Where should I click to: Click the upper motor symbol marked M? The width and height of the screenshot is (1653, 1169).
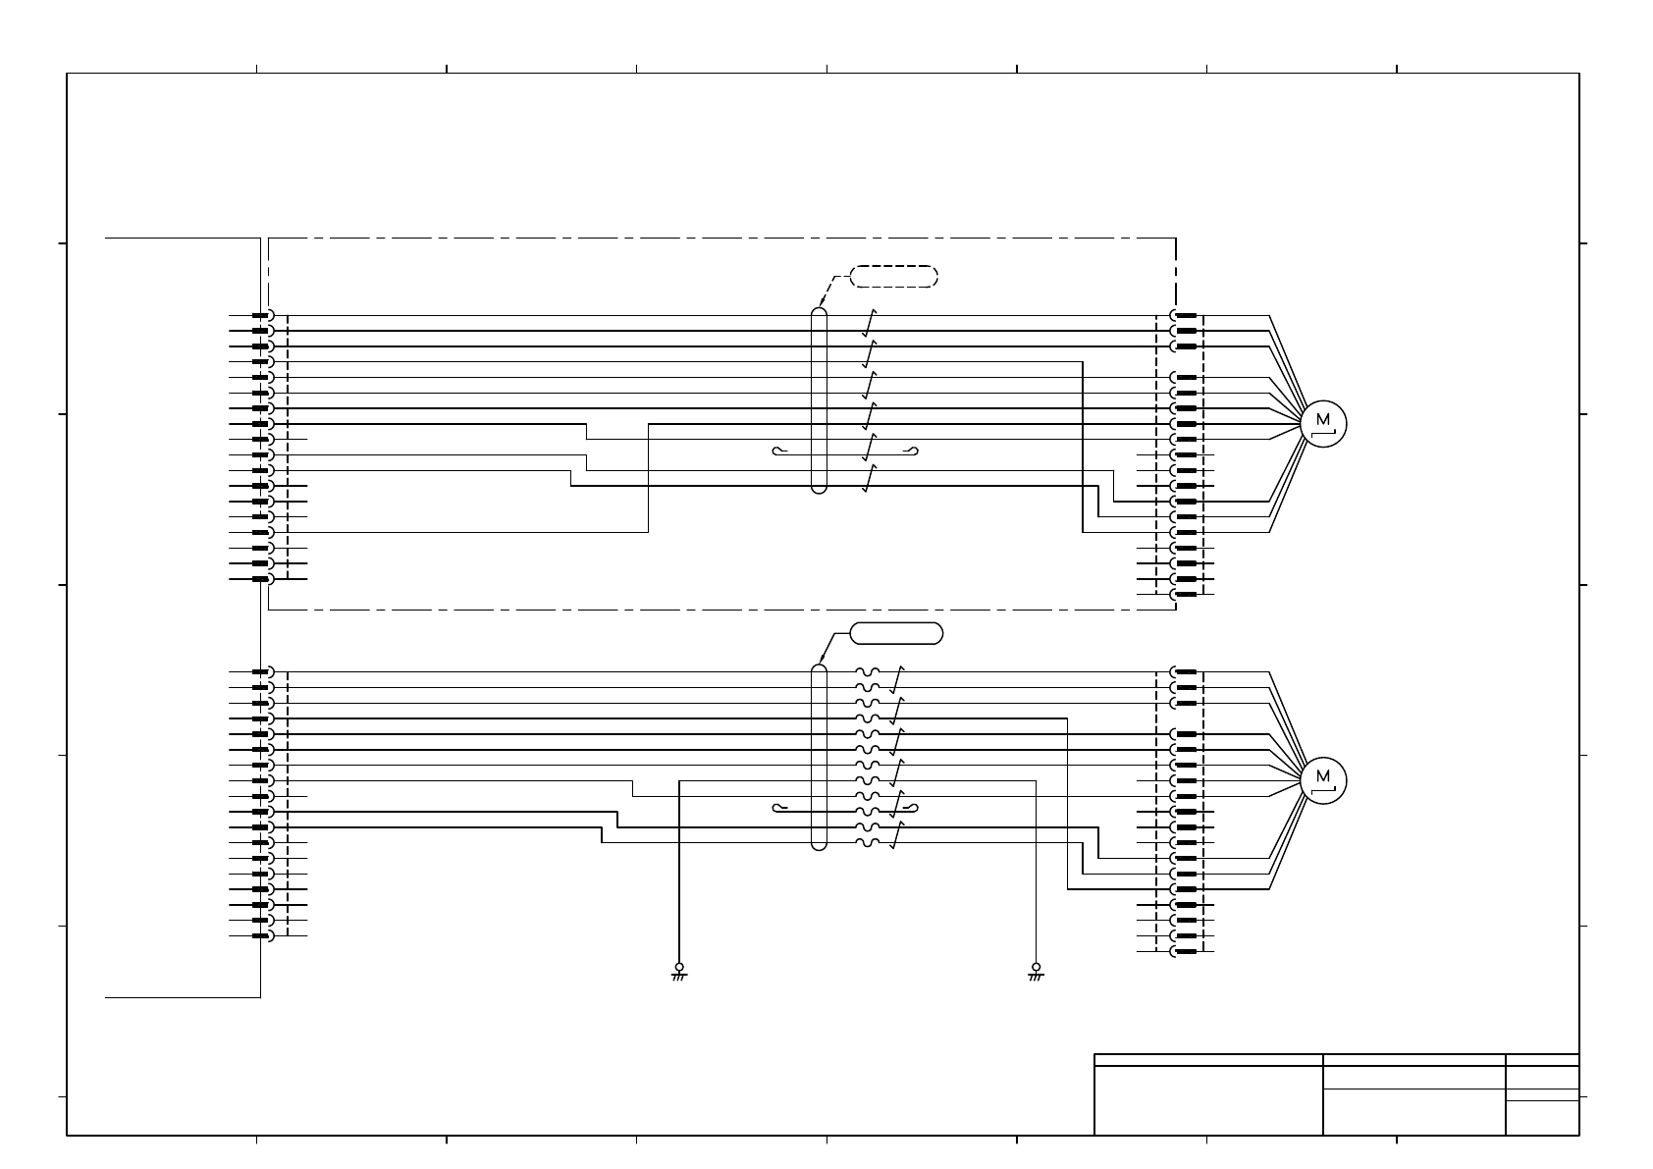[1323, 423]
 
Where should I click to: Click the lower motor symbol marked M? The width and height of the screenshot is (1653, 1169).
[1323, 779]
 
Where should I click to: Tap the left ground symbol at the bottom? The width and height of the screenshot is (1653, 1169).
[678, 971]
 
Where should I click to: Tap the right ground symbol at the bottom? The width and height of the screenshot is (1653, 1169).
[1036, 971]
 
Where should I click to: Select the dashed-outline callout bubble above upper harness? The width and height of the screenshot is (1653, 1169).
[893, 277]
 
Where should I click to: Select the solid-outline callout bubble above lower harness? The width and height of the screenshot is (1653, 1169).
[896, 633]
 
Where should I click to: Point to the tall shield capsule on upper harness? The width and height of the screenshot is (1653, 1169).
[819, 400]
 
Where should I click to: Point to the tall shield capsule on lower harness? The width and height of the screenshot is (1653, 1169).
[819, 757]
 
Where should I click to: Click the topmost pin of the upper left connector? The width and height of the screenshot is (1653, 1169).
[262, 316]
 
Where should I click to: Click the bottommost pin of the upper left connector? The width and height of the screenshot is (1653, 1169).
[262, 579]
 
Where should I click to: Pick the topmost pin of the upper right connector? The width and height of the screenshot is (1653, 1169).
[1185, 316]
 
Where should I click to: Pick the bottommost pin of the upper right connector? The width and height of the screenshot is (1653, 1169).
[1185, 595]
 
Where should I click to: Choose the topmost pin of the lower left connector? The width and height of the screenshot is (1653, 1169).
[262, 672]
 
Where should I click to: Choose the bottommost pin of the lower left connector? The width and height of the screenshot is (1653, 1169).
[262, 935]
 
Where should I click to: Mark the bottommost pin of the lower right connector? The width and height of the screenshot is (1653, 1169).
[1185, 951]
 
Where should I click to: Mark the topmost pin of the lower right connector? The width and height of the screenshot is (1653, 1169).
[1185, 672]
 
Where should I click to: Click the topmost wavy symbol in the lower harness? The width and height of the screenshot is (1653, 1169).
[868, 672]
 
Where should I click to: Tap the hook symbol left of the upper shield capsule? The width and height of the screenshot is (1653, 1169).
[780, 452]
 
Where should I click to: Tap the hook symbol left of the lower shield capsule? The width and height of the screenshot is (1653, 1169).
[780, 808]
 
